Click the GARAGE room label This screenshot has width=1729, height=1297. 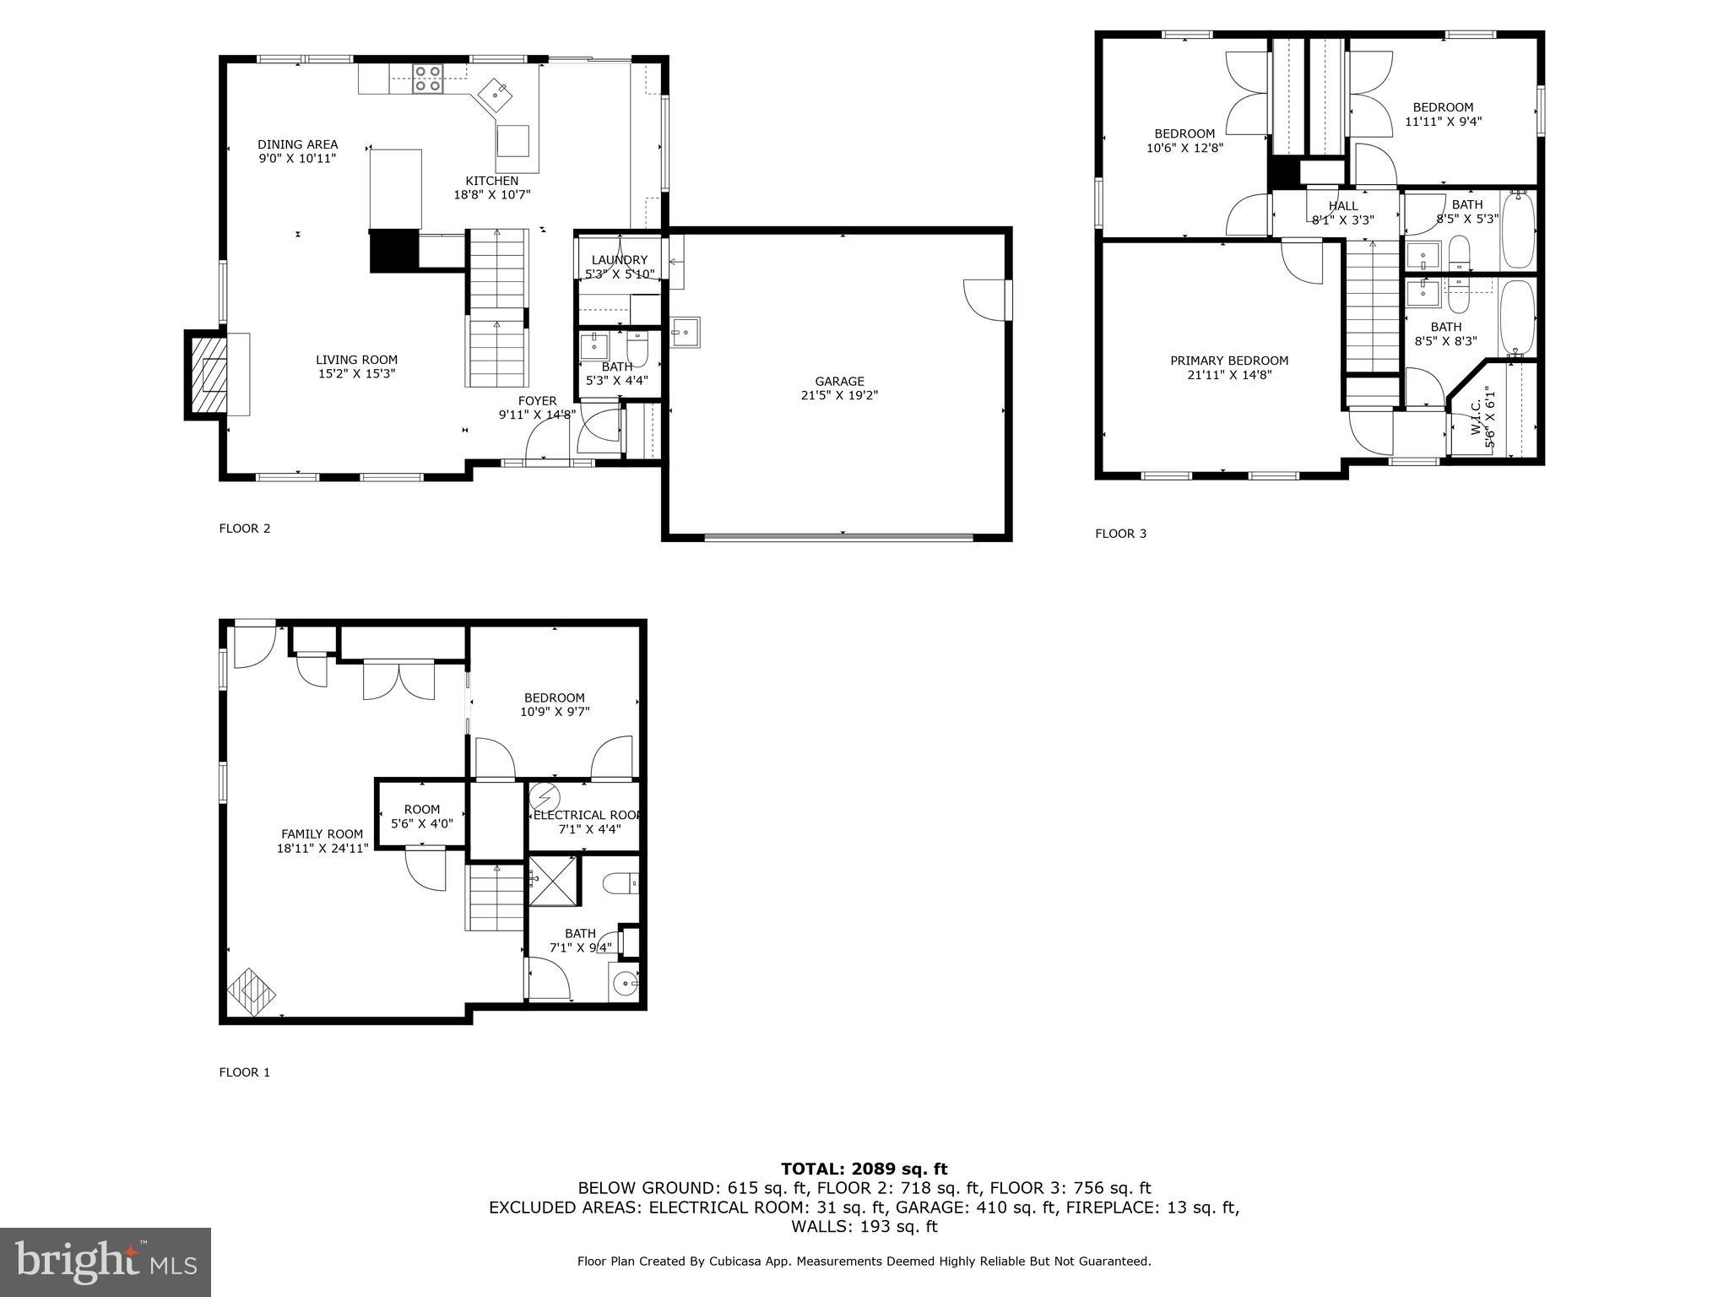[x=839, y=382]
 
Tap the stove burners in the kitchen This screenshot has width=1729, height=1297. [x=427, y=79]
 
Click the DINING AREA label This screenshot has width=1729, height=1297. [x=297, y=144]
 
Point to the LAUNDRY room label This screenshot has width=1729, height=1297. [x=619, y=260]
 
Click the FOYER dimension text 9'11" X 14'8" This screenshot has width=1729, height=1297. [x=537, y=415]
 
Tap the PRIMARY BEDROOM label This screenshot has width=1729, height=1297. [x=1228, y=361]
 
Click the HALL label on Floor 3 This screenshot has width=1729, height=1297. [x=1342, y=206]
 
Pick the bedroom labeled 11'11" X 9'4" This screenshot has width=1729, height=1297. [x=1443, y=114]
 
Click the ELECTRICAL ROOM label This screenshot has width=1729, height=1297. [x=588, y=815]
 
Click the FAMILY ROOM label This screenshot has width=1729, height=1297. [x=322, y=833]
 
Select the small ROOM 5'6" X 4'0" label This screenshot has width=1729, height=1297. [x=421, y=816]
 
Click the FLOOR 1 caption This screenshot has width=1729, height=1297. [x=244, y=1072]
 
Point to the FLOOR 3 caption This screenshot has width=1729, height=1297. [x=1120, y=534]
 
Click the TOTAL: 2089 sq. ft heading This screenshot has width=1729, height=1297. [x=864, y=1169]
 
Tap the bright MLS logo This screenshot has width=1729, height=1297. [x=106, y=1262]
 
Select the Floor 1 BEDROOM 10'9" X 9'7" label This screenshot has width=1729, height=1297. [x=554, y=704]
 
